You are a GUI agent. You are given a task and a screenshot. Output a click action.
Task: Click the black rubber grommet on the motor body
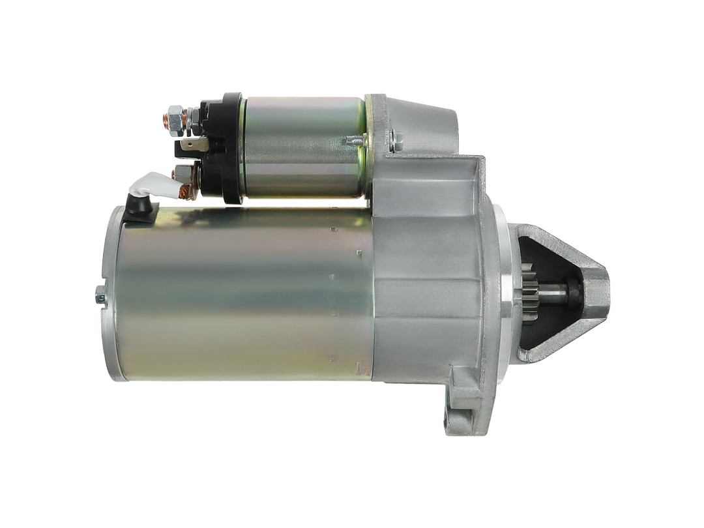point(139,208)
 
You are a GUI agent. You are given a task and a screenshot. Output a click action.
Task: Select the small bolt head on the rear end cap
point(100,297)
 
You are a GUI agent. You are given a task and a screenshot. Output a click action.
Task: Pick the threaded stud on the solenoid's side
point(353,139)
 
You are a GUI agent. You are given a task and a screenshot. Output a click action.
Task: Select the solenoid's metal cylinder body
point(303,147)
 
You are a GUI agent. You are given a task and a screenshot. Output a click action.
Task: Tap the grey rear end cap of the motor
point(111,293)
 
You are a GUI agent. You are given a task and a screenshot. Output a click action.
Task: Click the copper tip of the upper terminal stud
point(166,121)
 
